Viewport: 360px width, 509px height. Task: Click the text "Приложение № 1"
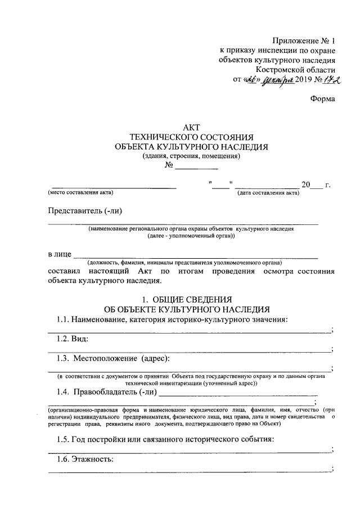(303, 40)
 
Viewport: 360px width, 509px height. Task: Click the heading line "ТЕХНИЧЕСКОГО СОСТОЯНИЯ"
(191, 137)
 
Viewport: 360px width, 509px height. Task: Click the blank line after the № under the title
(196, 167)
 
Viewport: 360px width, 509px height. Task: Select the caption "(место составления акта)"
(78, 193)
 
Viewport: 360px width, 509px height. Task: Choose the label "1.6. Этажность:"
(85, 460)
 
